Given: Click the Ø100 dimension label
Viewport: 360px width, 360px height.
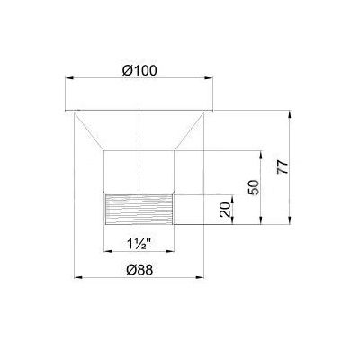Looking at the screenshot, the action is click(139, 71).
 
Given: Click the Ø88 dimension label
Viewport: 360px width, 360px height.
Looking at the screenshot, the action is click(139, 270).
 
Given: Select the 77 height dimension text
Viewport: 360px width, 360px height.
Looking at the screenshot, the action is click(283, 167).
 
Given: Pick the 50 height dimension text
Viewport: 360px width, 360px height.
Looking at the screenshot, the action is click(254, 187).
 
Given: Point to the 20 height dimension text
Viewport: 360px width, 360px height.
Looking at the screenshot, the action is click(226, 210).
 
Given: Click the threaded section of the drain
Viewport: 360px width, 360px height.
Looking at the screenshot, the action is click(139, 210).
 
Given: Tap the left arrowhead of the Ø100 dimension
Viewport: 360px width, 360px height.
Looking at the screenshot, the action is click(69, 78).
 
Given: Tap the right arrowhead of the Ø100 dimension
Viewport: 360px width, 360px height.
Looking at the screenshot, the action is click(209, 78).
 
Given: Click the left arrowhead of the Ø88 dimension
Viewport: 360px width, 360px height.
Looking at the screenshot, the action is click(78, 277).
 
